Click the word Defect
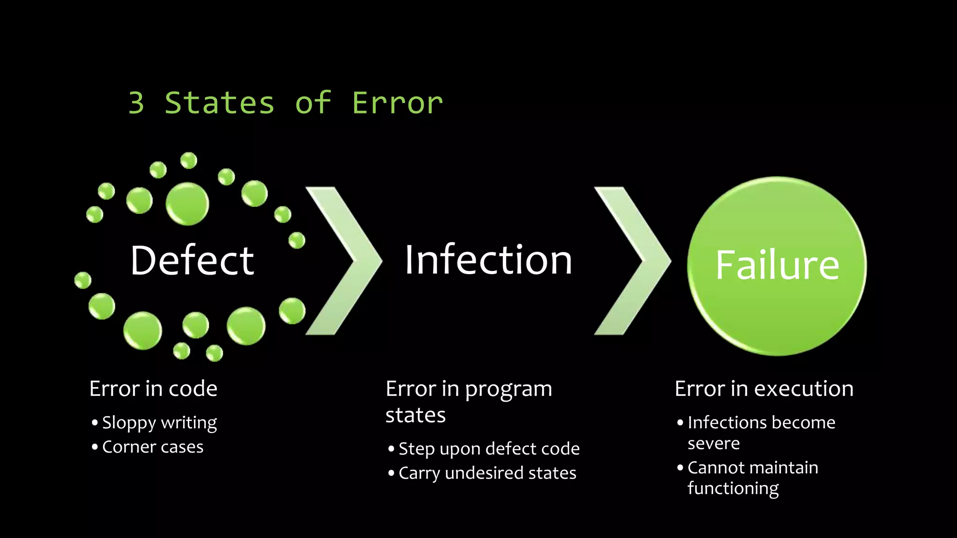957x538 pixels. [x=192, y=261]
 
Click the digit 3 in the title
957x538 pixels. [x=136, y=103]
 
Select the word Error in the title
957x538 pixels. [x=397, y=103]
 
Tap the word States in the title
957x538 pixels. [x=220, y=103]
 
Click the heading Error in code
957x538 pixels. [x=153, y=389]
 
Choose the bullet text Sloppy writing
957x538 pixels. [x=159, y=423]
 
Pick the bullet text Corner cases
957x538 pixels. [x=153, y=447]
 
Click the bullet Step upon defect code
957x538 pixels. [x=489, y=449]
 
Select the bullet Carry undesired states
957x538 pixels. [x=487, y=473]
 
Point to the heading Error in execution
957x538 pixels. [x=764, y=389]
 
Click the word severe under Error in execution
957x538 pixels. [x=714, y=443]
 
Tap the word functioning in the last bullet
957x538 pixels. [x=733, y=488]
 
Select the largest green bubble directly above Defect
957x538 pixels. [x=187, y=203]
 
